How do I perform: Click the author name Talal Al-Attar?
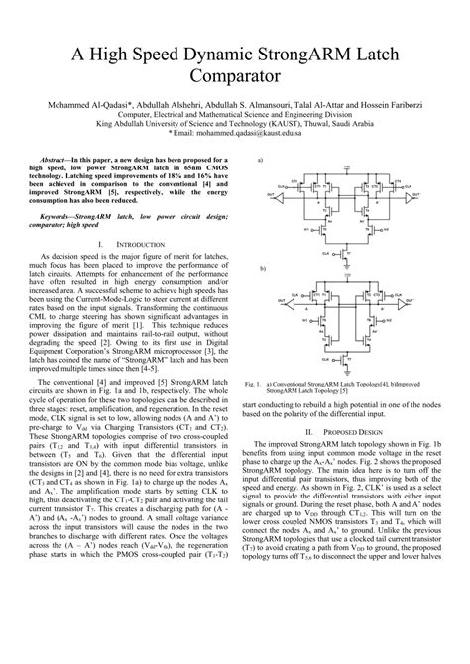[332, 103]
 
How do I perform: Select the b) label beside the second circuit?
[262, 269]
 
